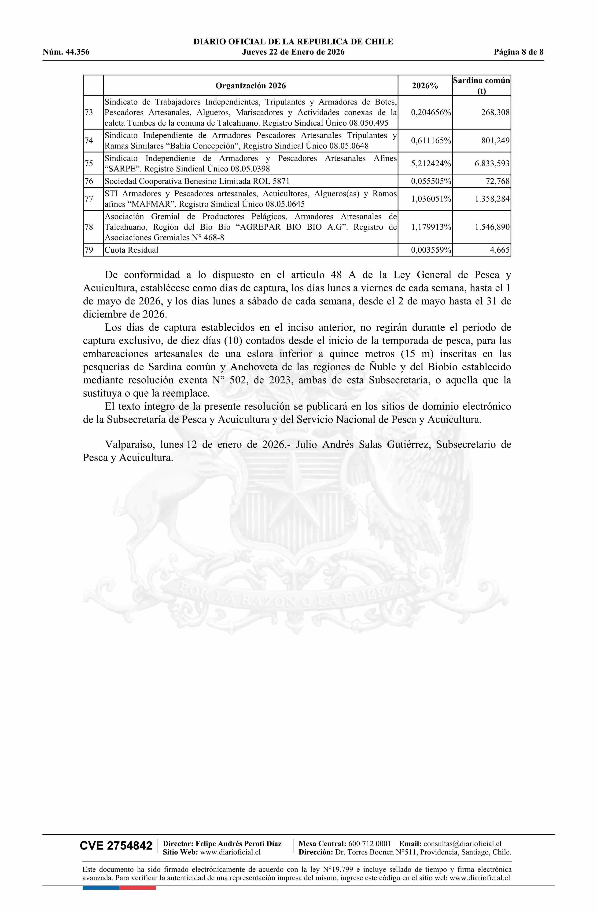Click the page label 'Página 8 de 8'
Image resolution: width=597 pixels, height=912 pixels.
pos(518,52)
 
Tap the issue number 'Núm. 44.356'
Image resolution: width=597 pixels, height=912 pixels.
pos(66,52)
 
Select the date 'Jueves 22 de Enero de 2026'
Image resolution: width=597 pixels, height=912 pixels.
pos(293,52)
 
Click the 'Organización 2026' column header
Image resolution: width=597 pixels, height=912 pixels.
pos(250,85)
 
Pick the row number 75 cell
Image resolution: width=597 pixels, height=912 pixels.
pos(89,164)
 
